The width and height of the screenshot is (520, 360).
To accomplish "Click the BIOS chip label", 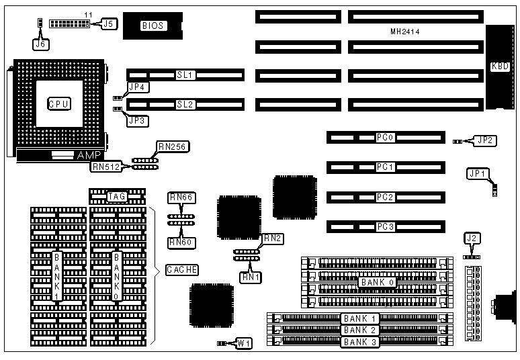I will (153, 26).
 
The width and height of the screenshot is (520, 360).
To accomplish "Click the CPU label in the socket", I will (59, 103).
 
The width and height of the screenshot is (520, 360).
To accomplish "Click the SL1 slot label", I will (185, 75).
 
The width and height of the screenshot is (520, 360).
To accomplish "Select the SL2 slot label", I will (185, 104).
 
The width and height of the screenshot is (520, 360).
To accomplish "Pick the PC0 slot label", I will (384, 138).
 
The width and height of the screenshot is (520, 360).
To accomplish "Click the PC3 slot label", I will (384, 226).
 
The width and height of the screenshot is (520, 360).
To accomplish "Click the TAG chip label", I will (117, 196).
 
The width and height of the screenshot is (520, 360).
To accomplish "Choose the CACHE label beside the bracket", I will (181, 270).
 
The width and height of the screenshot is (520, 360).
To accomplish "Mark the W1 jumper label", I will (245, 343).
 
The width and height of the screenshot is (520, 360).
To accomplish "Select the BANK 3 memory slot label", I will (359, 342).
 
